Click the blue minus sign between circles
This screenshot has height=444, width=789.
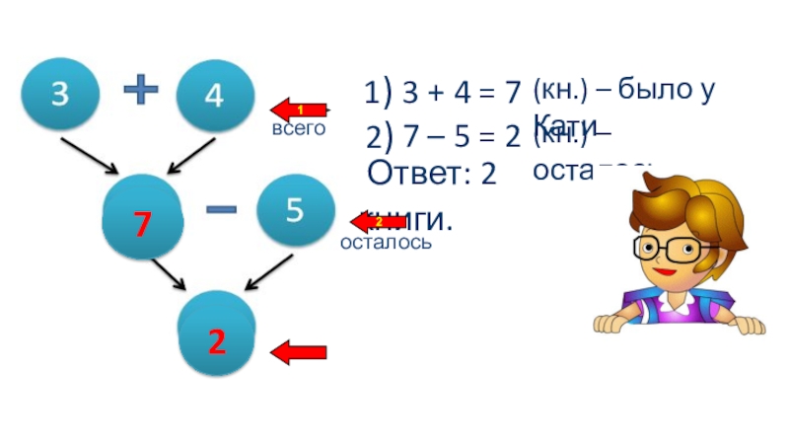(x=221, y=209)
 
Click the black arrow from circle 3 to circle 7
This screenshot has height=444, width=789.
(x=90, y=156)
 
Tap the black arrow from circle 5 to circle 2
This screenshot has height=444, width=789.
(x=268, y=272)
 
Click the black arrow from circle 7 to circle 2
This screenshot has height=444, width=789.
(x=168, y=275)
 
